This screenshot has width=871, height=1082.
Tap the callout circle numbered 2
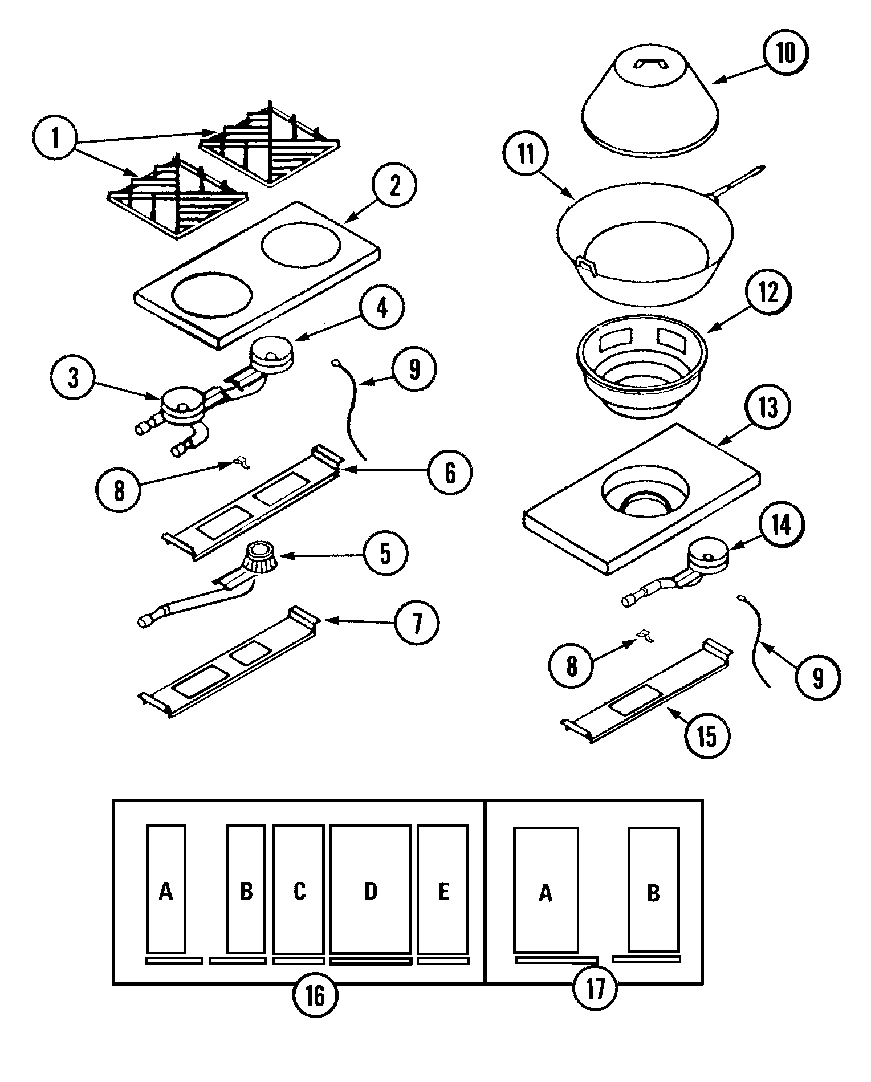point(395,186)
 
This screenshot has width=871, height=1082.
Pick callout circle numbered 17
point(595,989)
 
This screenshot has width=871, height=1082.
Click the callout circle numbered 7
point(417,623)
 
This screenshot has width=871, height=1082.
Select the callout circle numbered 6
point(450,472)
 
